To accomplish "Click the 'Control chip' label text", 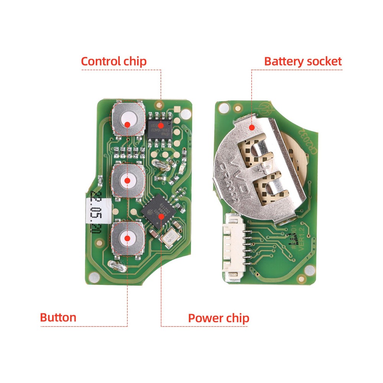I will pyautogui.click(x=114, y=61).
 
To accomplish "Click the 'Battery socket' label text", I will pyautogui.click(x=303, y=61).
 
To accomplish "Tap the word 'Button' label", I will pyautogui.click(x=58, y=318).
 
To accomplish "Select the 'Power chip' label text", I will pyautogui.click(x=218, y=318).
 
